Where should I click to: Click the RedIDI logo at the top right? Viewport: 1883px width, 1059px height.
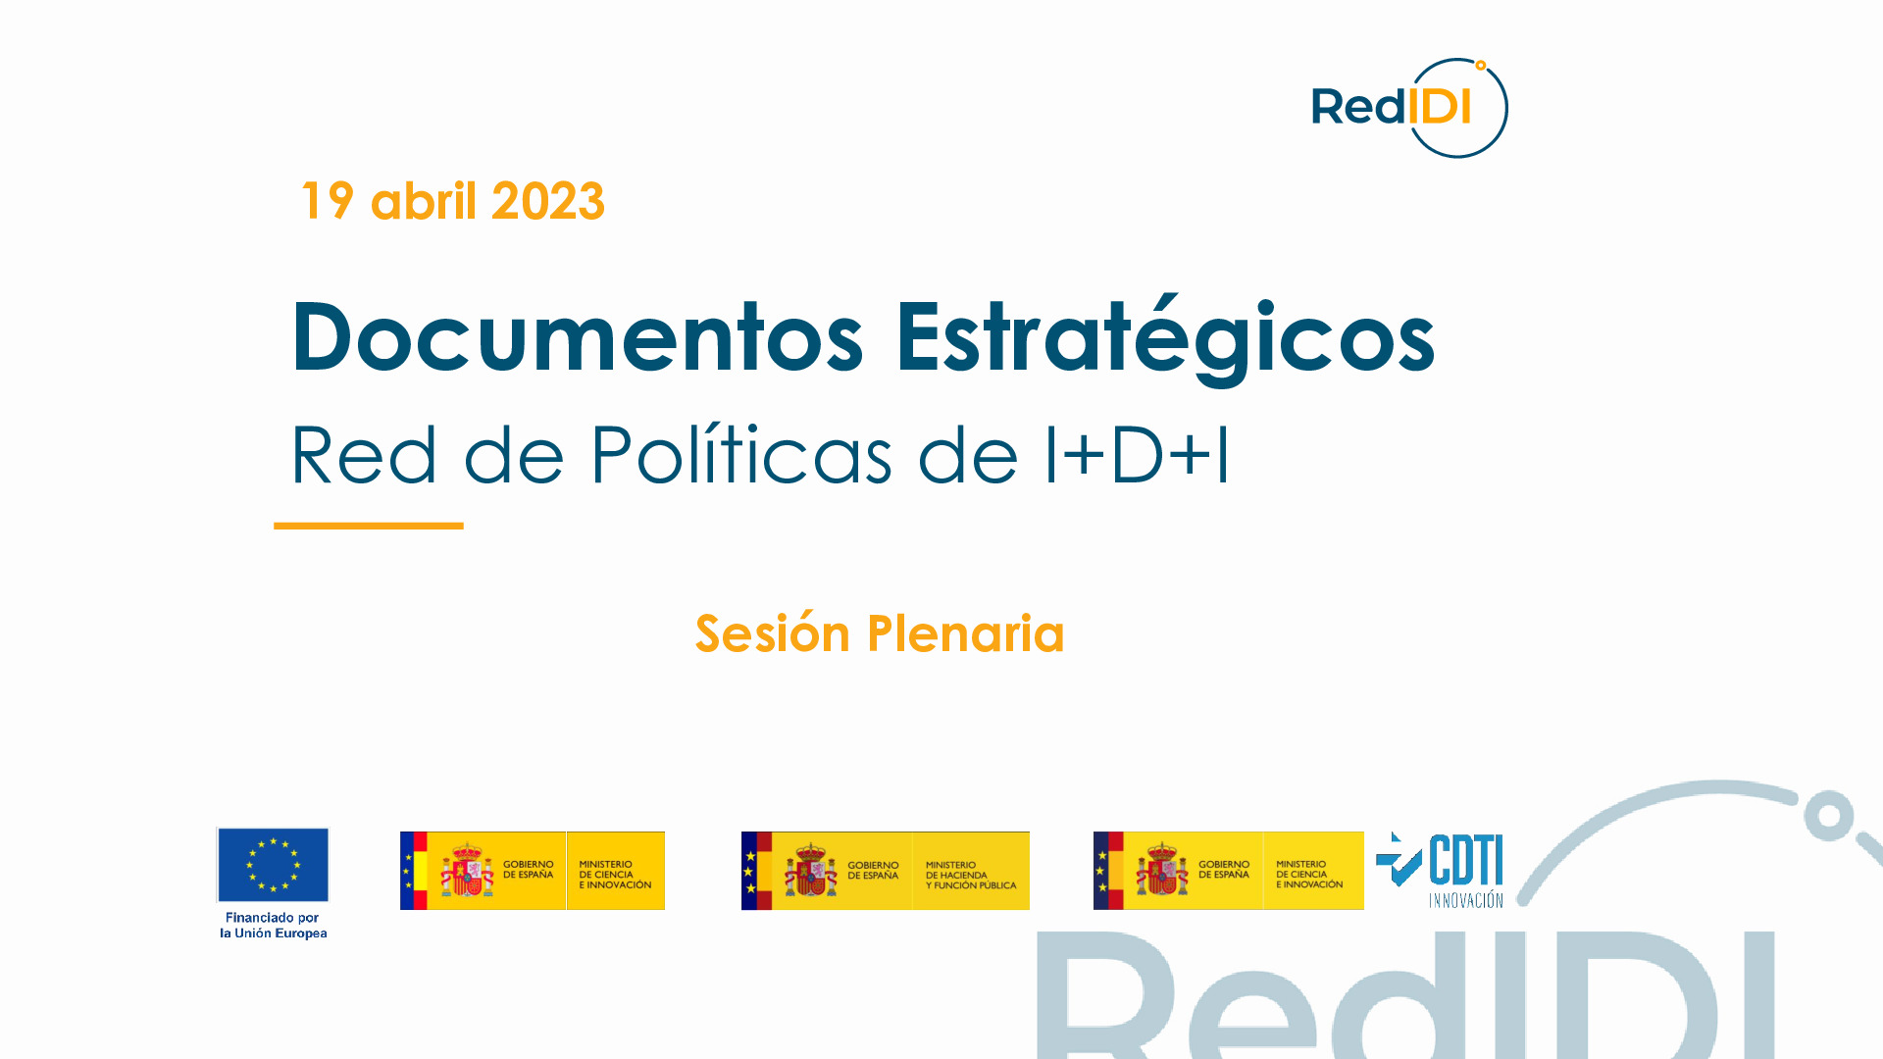click(x=1408, y=108)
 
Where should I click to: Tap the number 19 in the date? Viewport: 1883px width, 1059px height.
click(x=328, y=201)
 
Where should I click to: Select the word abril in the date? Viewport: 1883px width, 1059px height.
click(x=423, y=201)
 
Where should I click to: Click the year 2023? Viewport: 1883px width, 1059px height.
click(x=547, y=201)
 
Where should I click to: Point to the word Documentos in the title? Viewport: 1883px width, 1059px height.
click(x=577, y=337)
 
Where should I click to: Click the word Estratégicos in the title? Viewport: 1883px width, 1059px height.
click(x=1165, y=339)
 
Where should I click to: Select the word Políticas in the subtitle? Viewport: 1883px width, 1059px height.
click(x=740, y=455)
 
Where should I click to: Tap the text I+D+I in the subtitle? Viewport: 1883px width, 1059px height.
click(x=1137, y=455)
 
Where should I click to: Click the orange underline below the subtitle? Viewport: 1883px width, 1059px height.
click(x=369, y=526)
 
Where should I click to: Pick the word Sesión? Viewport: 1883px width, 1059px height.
click(x=773, y=633)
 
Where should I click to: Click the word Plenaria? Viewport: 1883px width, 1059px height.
click(x=966, y=633)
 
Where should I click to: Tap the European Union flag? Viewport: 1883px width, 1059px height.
click(x=273, y=864)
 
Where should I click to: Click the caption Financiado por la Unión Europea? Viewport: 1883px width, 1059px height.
click(x=273, y=926)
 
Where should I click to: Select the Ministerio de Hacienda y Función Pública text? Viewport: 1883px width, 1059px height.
click(x=970, y=875)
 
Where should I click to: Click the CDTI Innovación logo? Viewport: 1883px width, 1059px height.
click(x=1440, y=870)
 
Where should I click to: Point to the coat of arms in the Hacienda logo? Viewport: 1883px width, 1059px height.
click(x=811, y=871)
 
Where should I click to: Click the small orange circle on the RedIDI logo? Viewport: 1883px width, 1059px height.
click(x=1481, y=66)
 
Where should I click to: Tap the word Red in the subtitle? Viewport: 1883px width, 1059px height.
click(x=364, y=455)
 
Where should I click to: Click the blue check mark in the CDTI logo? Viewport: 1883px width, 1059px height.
click(x=1399, y=863)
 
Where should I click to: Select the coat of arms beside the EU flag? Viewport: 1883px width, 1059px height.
click(x=467, y=871)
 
